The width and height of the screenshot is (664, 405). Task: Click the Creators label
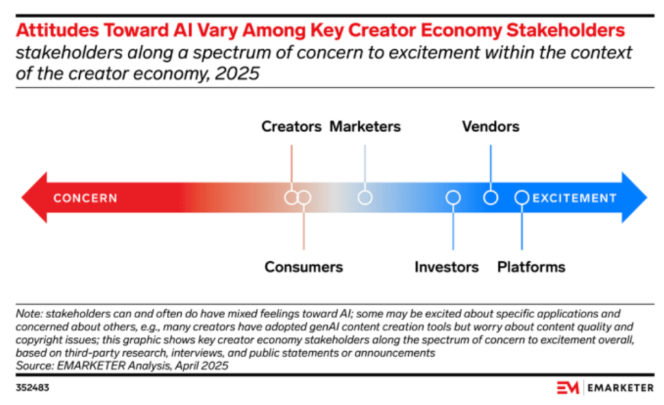click(x=291, y=126)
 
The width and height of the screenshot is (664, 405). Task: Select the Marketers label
click(x=365, y=126)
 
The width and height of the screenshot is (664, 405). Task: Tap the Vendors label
click(x=490, y=126)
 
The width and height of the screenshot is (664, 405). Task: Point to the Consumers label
click(x=303, y=266)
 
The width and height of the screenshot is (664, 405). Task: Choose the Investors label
click(x=447, y=266)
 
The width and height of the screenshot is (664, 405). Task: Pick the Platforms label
click(x=531, y=266)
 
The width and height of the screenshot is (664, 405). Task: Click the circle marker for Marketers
click(x=365, y=198)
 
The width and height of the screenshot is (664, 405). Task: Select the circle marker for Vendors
click(x=491, y=198)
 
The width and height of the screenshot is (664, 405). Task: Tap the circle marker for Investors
click(x=453, y=198)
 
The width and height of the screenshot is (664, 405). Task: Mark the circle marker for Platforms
click(x=521, y=198)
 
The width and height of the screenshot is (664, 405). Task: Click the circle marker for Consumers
click(x=304, y=198)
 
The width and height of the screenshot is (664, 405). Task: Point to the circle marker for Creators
click(x=291, y=198)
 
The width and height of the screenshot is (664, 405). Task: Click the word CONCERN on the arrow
click(x=85, y=198)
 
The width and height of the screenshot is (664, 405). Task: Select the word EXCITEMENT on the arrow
click(x=574, y=198)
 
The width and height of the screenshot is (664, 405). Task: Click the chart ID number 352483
click(x=32, y=388)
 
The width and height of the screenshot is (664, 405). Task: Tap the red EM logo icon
click(x=569, y=388)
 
